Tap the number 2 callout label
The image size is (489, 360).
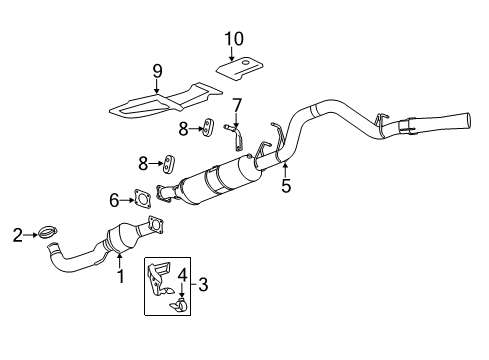click(x=17, y=236)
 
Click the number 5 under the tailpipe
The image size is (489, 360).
click(x=286, y=185)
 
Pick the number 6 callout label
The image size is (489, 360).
click(x=115, y=200)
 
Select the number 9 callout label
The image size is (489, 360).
click(x=157, y=73)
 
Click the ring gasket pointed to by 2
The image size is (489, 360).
click(x=47, y=235)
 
